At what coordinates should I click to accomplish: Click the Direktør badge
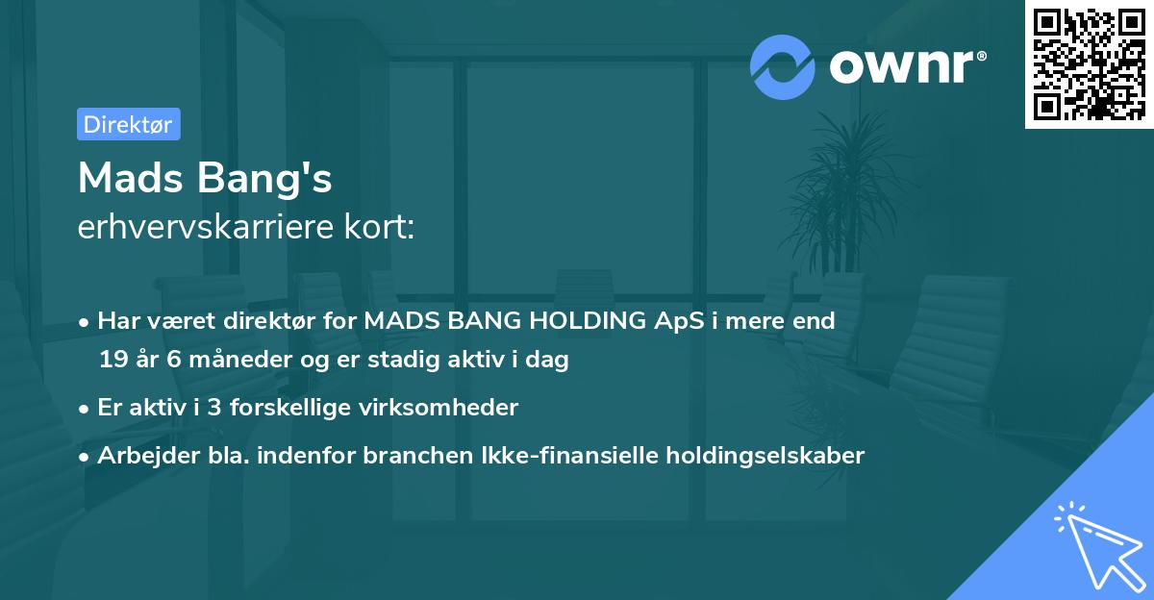[x=128, y=124]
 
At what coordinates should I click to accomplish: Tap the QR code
[x=1089, y=63]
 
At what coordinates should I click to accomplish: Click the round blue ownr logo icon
[x=784, y=66]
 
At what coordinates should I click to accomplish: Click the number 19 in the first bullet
[x=113, y=360]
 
